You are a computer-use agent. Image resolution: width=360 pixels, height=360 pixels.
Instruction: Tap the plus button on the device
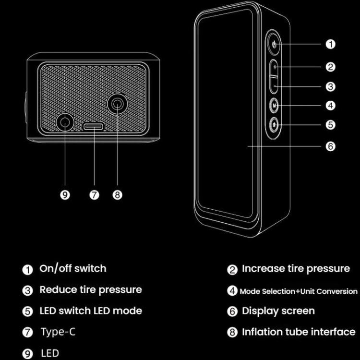pos(274,67)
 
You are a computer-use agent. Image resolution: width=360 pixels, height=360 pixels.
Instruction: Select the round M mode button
pos(274,106)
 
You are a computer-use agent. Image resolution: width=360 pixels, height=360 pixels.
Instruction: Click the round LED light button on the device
pos(274,125)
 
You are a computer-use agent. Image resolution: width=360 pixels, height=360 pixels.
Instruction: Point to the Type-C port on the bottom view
pos(94,126)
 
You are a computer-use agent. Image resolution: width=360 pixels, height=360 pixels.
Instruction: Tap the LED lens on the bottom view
pos(65,122)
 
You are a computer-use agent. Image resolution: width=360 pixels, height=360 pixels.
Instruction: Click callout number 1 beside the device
pos(330,44)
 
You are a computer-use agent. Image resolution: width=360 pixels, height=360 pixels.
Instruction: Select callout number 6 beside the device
pos(330,146)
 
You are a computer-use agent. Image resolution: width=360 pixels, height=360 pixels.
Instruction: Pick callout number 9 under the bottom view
pos(65,195)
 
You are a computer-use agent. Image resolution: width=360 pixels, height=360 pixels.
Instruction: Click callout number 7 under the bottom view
pos(94,195)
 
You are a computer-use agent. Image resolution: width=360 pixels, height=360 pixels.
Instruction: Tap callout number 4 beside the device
pos(330,106)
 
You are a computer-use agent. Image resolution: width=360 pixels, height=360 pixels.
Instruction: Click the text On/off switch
pos(73,269)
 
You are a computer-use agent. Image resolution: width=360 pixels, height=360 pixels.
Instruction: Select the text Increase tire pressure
pos(296,269)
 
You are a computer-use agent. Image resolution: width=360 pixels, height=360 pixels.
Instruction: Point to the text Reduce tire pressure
pos(91,290)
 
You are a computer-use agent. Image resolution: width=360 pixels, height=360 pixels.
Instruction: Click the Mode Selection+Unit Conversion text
pos(299,291)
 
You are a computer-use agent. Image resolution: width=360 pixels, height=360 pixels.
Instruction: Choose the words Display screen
pos(278,312)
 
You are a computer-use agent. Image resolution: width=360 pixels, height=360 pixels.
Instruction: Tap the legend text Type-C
pos(58,332)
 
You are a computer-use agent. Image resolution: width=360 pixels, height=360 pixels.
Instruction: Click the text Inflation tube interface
pos(299,332)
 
